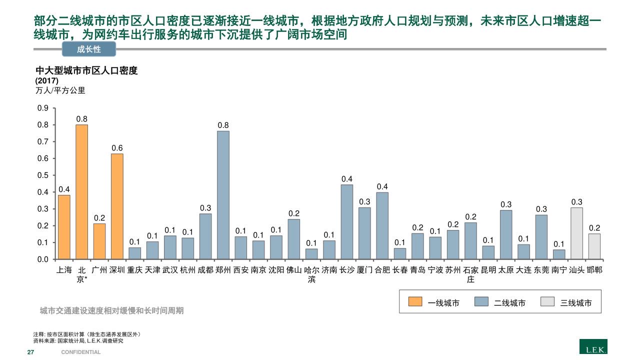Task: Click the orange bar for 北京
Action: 81,192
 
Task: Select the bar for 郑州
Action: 222,195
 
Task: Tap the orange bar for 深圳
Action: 117,206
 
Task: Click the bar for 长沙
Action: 346,222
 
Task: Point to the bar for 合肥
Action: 382,226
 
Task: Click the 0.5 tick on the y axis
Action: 43,175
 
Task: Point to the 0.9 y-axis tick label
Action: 43,108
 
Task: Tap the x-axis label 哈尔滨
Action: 311,274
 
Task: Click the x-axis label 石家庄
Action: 470,274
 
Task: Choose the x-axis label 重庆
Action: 134,270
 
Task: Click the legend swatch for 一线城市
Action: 415,302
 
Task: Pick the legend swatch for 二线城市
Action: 481,302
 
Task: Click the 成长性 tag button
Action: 89,49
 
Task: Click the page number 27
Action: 30,352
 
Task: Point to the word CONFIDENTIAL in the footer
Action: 81,352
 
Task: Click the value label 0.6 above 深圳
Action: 117,148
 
